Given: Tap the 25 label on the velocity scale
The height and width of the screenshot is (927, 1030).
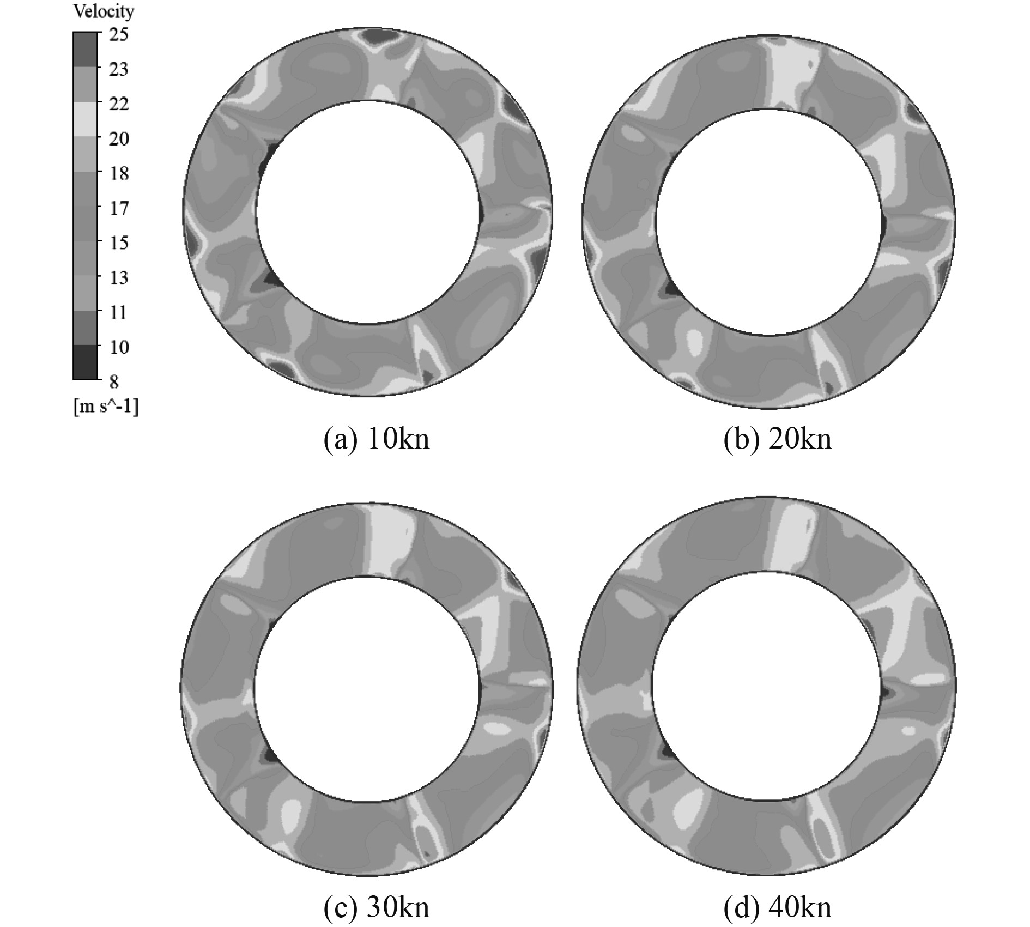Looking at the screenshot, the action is click(118, 35).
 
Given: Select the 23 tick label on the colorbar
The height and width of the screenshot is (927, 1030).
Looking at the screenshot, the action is click(118, 69).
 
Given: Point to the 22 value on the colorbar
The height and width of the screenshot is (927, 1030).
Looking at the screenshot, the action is click(118, 104).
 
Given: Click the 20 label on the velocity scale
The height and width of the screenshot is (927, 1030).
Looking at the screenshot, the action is click(118, 138).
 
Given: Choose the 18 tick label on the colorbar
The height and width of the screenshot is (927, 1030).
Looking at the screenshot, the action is click(118, 173).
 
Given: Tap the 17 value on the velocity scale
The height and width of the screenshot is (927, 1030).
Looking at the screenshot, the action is click(118, 208).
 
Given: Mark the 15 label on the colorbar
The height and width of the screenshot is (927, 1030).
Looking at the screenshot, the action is click(118, 243).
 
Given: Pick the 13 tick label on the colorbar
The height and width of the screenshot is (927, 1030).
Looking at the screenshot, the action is click(118, 277).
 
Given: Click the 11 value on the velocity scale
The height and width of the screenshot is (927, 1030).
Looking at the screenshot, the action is click(118, 312).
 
